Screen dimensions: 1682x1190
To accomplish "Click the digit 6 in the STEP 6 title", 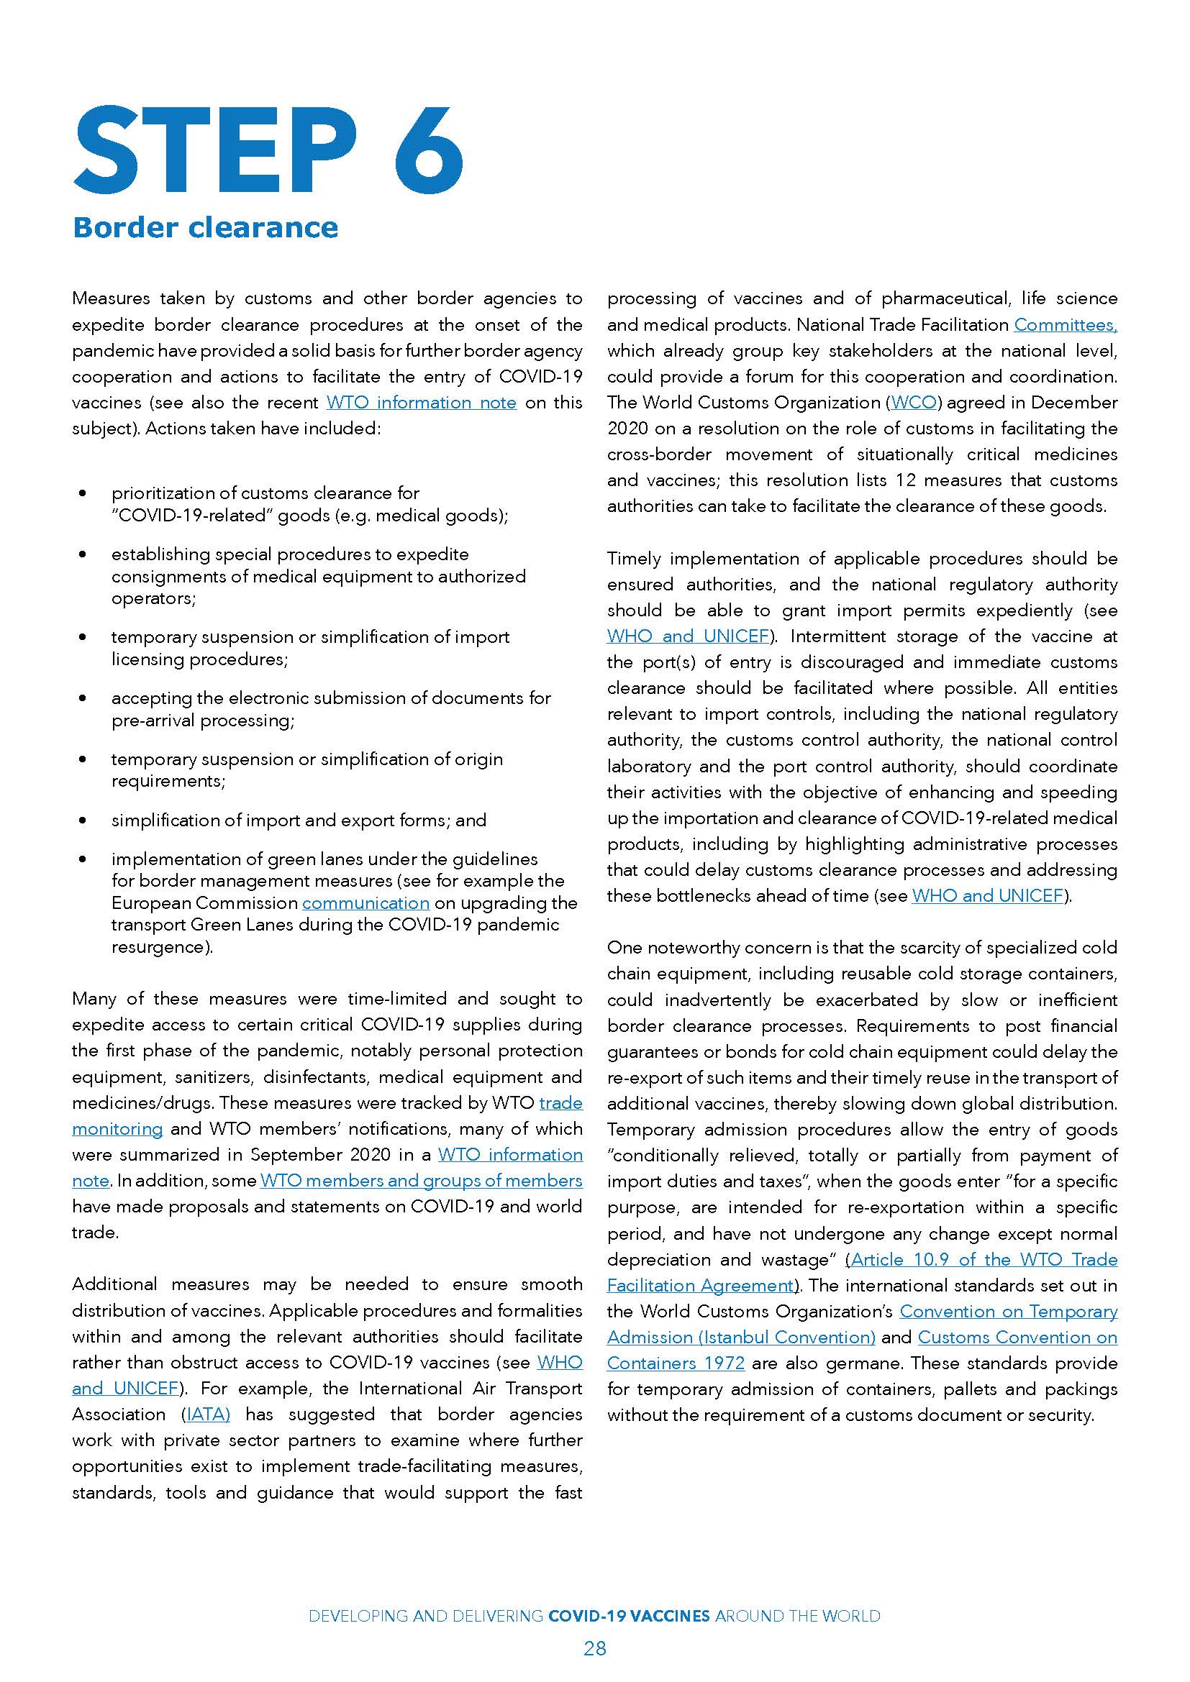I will point(428,150).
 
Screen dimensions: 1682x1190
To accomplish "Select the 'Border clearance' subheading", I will point(205,228).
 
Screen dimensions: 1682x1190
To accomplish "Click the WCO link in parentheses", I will point(913,402).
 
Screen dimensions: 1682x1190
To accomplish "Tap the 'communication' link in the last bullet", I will point(365,902).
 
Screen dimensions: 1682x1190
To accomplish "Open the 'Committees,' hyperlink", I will point(1066,324).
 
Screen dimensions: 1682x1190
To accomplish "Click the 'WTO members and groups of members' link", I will point(422,1180).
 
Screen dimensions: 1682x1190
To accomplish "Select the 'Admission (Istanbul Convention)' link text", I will point(741,1337).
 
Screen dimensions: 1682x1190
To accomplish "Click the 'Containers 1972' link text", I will point(676,1363).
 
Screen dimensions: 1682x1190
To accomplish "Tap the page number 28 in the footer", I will point(595,1648).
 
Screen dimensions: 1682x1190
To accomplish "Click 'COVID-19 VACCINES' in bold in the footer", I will point(629,1615).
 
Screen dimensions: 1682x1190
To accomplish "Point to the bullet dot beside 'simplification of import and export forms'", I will point(82,821).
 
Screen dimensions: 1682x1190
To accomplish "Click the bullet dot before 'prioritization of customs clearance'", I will point(82,493).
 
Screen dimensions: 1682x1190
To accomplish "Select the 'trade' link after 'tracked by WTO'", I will point(560,1102).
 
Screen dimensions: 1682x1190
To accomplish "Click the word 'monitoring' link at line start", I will point(117,1128).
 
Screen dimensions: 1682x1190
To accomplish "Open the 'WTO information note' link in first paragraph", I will point(422,402).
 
